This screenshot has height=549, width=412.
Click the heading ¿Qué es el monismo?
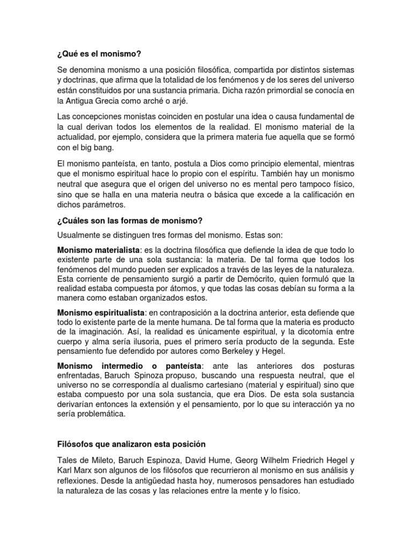click(x=101, y=54)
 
